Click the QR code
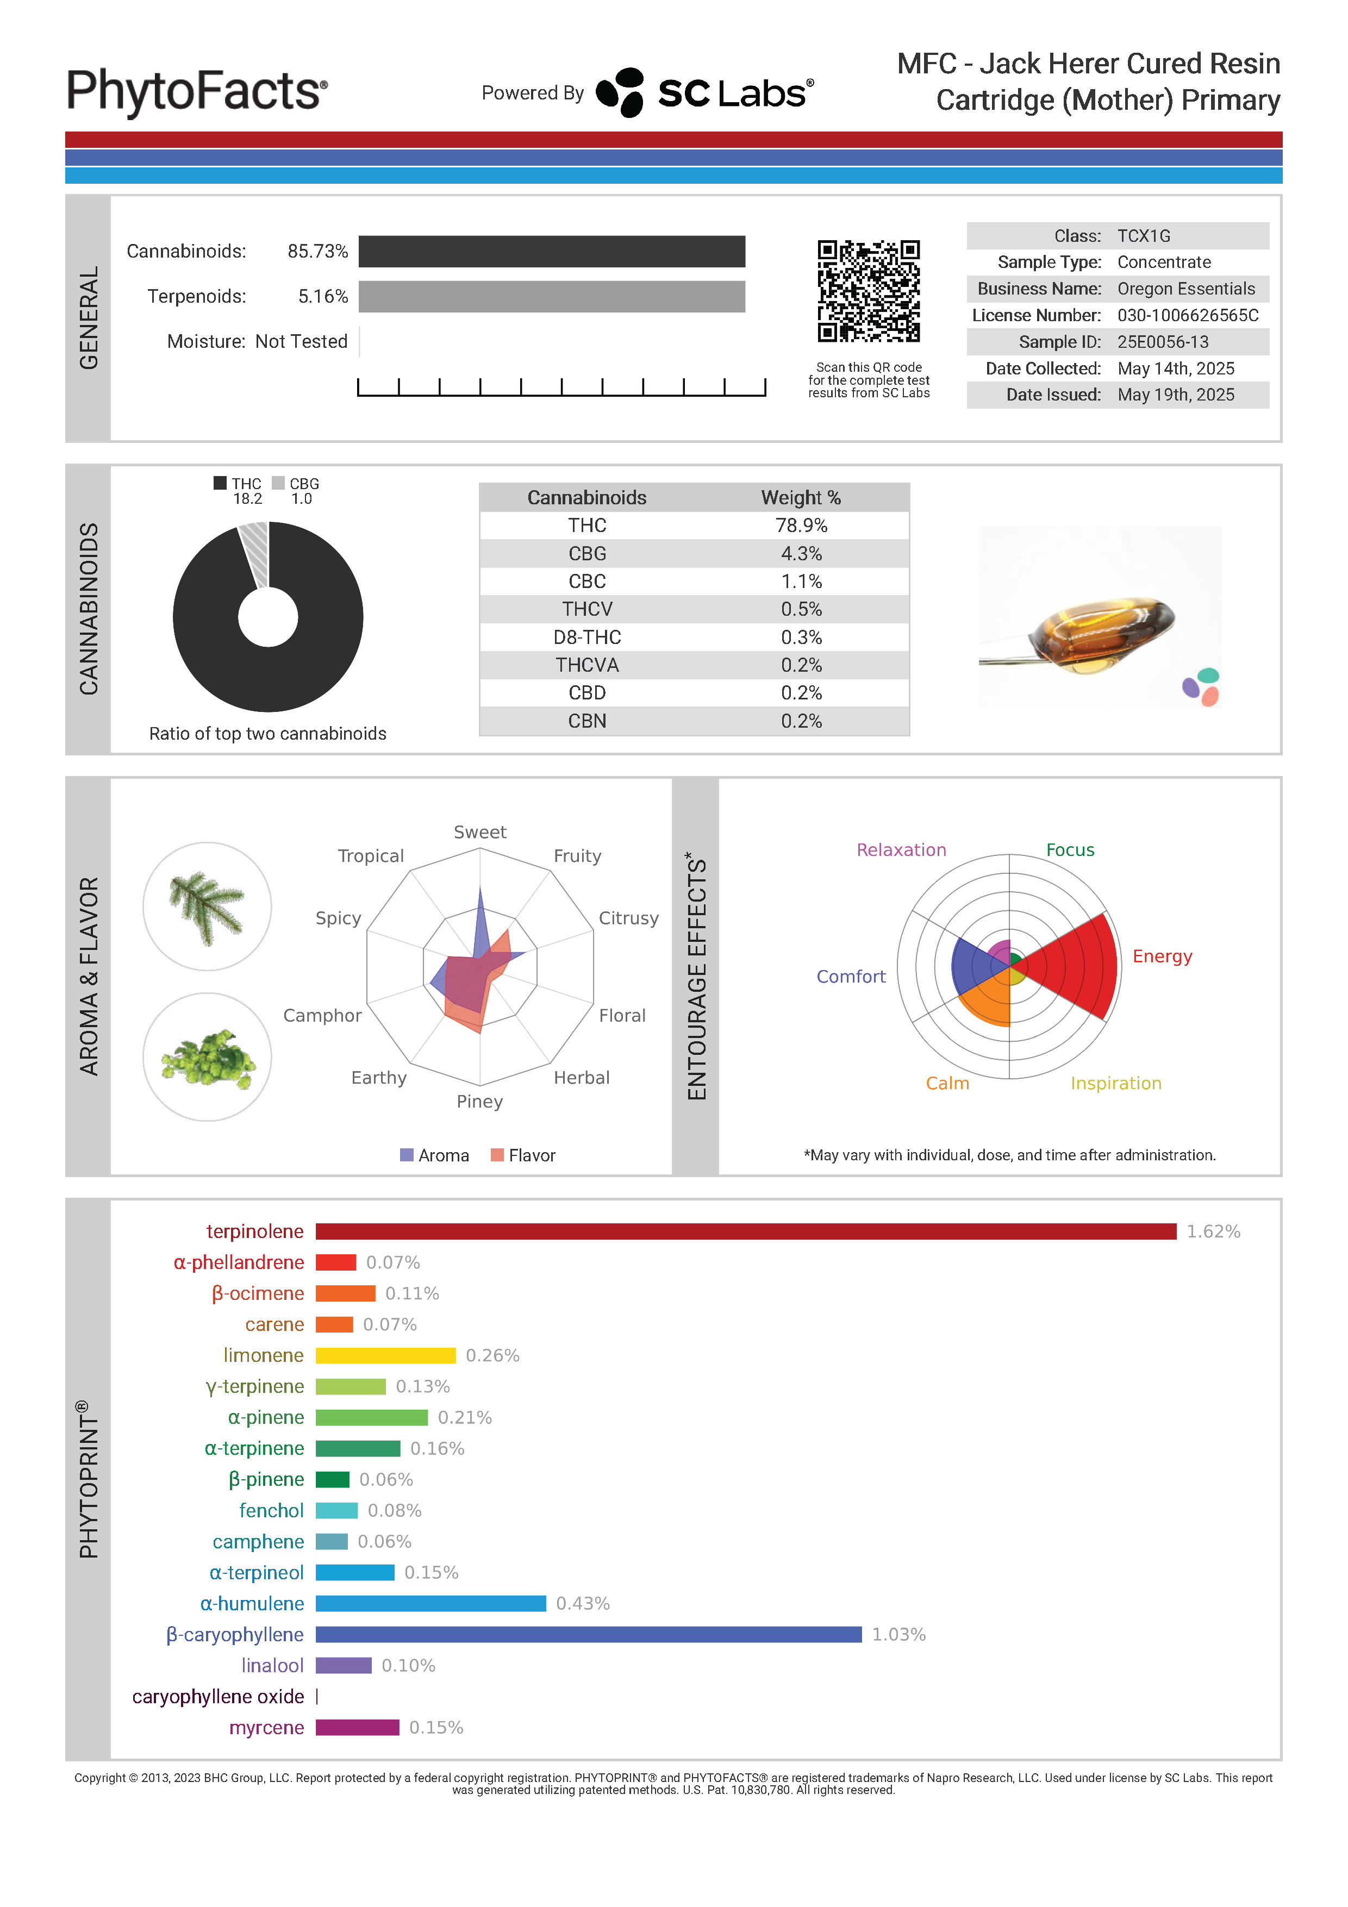(868, 291)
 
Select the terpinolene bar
(745, 1231)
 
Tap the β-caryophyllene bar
(588, 1635)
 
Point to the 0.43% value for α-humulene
(582, 1604)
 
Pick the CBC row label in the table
(586, 582)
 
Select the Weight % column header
(801, 497)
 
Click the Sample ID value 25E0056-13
(1162, 342)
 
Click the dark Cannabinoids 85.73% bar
(552, 252)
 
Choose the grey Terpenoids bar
(552, 297)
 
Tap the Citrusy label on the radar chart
(628, 918)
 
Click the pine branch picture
(207, 906)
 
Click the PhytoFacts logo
(197, 91)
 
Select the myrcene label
(266, 1728)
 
